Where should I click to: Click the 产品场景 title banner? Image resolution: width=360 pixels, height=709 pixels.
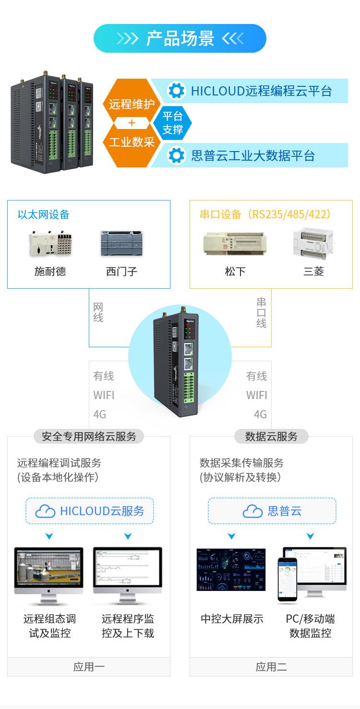coord(180,38)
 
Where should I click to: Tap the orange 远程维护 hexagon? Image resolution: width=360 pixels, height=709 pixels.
coord(131,104)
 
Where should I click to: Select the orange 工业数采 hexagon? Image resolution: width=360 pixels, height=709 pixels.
coord(131,142)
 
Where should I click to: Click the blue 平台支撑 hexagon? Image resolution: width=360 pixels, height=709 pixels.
coord(172,123)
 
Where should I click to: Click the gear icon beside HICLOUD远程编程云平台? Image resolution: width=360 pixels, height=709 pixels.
coord(177,91)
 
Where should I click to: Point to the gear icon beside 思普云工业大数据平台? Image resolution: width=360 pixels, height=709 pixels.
coord(177,155)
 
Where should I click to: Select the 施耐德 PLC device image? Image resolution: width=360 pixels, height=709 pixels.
coord(50,243)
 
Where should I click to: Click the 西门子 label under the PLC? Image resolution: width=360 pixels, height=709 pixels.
coord(121,272)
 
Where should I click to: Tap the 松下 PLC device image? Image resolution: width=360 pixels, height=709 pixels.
coord(235,243)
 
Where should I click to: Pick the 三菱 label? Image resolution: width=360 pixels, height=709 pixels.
coord(313,272)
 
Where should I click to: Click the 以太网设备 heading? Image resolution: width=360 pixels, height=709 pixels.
coord(44,214)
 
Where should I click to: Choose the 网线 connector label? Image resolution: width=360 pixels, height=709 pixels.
coord(98,312)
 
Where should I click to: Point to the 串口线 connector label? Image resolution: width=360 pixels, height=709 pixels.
coord(261,312)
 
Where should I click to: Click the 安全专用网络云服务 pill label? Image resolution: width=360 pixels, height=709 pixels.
coord(89,436)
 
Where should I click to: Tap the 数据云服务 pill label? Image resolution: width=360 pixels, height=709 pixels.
coord(271,436)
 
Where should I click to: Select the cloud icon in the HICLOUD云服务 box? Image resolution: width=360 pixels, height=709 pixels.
coord(46,511)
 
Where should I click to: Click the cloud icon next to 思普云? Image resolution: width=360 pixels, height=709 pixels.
coord(252,511)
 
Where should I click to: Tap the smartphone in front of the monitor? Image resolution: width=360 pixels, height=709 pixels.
coord(287,579)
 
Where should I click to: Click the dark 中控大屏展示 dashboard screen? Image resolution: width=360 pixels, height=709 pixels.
coord(231,569)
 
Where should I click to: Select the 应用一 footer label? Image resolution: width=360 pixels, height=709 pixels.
coord(89,666)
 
